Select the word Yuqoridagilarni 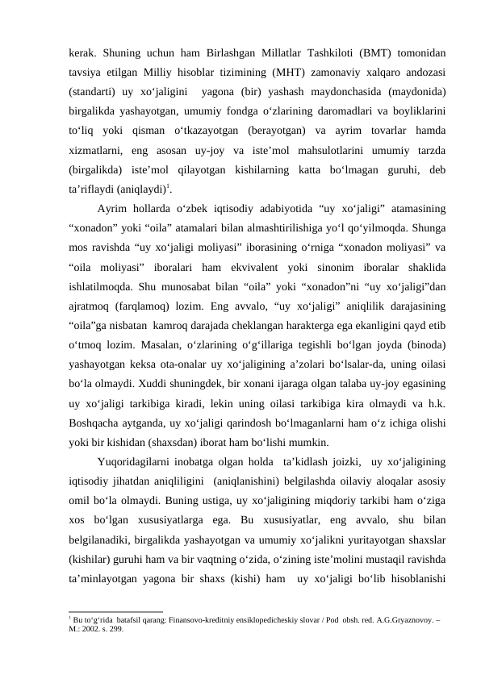(x=133, y=461)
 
